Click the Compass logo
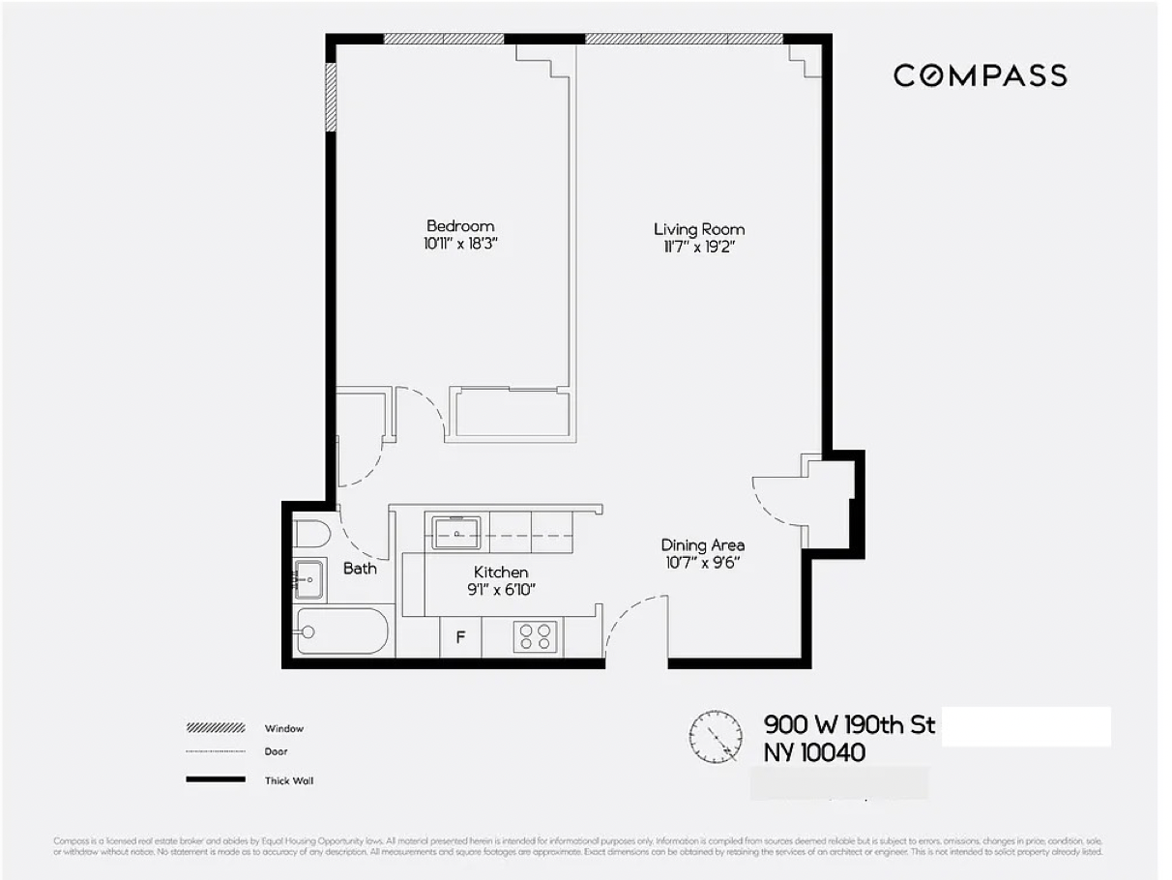tap(980, 75)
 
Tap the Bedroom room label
tap(460, 226)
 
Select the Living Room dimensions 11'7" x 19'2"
tap(699, 247)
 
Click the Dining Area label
tap(703, 545)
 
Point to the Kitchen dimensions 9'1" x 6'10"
tap(500, 589)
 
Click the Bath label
tap(360, 569)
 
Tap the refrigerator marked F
tap(460, 637)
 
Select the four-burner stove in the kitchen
tap(536, 636)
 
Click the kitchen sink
tap(456, 532)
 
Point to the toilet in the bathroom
tap(312, 534)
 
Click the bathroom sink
tap(308, 578)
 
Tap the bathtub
tap(342, 631)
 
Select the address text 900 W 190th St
tap(850, 725)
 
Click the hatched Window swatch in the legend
tap(216, 728)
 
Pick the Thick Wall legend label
tap(289, 780)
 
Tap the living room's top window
tap(684, 40)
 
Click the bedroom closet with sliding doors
tap(510, 413)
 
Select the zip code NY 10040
tap(814, 752)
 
